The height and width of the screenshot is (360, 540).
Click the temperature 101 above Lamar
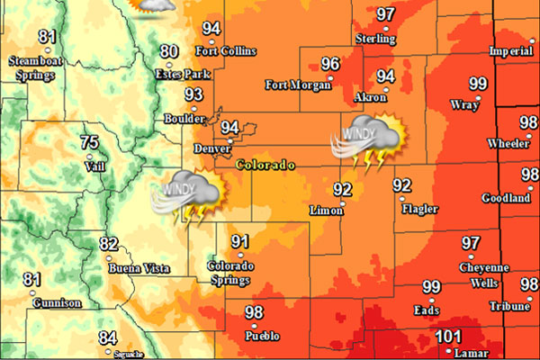point(448,337)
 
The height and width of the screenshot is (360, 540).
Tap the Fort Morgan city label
point(295,85)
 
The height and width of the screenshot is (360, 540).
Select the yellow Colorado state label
point(265,166)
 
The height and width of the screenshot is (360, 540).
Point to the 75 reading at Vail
point(89,142)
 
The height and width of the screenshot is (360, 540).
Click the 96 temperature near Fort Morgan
point(330,64)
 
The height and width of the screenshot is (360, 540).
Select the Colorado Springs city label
point(231,274)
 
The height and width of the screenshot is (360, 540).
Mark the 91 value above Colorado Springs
point(239,241)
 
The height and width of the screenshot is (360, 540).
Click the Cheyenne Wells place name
point(484,274)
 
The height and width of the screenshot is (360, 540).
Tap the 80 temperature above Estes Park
point(169,52)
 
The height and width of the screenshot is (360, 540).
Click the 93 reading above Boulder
point(193,94)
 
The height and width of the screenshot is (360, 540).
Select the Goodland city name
point(504,199)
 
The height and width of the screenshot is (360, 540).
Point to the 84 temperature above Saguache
point(108,338)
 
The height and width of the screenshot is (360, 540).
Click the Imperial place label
point(510,52)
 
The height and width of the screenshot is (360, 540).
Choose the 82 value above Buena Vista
point(109,244)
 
